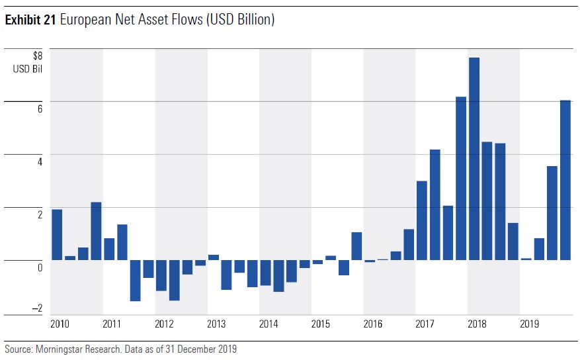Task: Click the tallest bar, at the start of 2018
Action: [474, 159]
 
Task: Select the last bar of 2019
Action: [565, 180]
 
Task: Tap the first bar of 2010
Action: [57, 235]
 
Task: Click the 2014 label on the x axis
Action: [269, 324]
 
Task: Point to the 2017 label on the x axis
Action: [425, 324]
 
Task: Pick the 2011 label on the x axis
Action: [112, 324]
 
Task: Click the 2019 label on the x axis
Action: [529, 324]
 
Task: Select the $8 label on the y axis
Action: [37, 56]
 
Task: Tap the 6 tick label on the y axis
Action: [39, 109]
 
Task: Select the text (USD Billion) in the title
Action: [241, 21]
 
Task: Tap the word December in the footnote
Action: [198, 349]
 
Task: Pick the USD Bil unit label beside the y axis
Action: [28, 68]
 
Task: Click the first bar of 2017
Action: [421, 220]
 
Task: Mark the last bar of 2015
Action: [356, 246]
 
